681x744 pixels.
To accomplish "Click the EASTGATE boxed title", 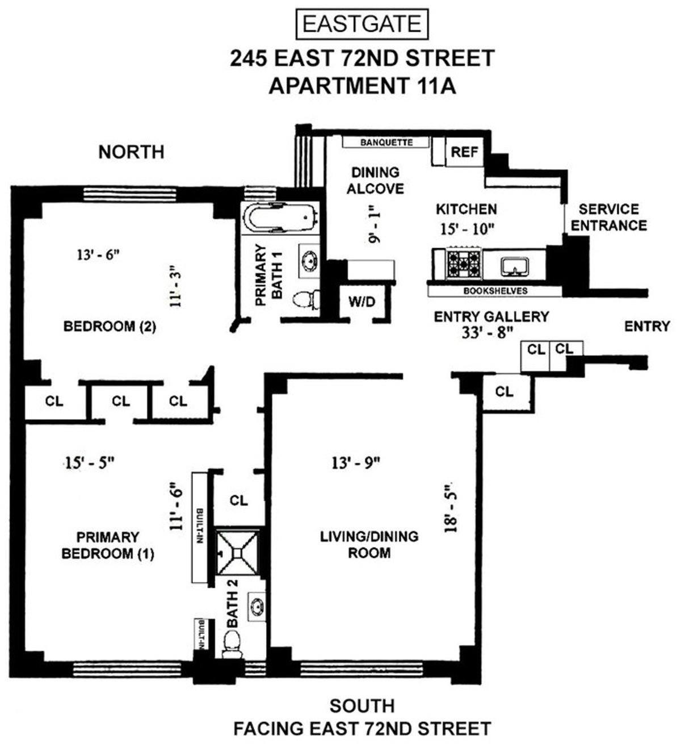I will coord(361,24).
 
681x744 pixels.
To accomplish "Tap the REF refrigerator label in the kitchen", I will coord(464,152).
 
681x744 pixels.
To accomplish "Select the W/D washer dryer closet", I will coord(361,302).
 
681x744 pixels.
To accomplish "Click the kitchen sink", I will coord(515,265).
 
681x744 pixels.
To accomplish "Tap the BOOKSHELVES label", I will coord(495,291).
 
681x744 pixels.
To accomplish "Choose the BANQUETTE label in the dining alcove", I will coord(386,143).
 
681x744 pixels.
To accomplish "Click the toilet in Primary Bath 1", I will coord(308,300).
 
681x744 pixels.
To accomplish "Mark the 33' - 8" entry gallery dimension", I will coord(489,332).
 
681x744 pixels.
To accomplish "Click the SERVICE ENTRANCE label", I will coord(609,217).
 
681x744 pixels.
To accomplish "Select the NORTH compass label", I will coord(131,152).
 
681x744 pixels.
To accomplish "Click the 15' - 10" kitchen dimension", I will coord(466,229).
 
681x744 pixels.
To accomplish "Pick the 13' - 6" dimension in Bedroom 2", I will coord(99,255).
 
